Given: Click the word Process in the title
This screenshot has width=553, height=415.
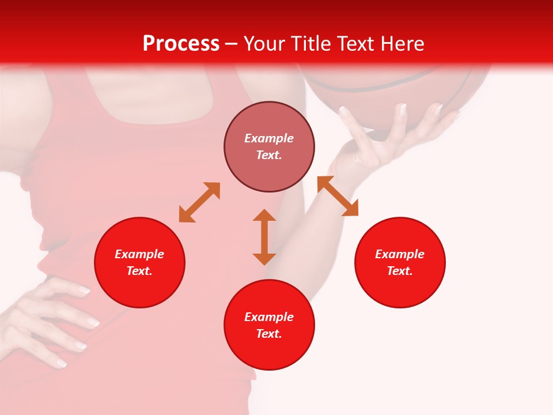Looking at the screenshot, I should [181, 44].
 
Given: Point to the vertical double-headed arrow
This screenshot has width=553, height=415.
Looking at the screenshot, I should [264, 237].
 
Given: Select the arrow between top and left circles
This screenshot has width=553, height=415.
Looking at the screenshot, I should [199, 202].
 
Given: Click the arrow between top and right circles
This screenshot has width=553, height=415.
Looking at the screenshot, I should [338, 196].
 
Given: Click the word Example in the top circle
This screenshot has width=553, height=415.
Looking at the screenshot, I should [269, 138].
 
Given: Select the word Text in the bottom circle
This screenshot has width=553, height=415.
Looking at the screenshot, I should [269, 334].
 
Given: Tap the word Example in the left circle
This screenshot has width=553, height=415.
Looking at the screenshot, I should [139, 254].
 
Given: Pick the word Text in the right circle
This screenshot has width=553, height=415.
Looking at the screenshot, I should [400, 271].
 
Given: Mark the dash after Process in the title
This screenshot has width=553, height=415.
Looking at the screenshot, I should [232, 44].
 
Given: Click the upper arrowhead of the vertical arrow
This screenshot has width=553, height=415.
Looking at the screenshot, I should [264, 216].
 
